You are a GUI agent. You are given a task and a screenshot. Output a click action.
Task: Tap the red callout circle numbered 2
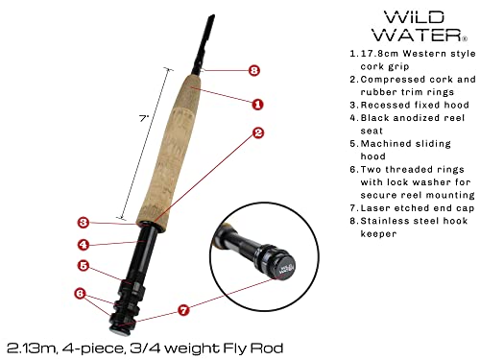257,133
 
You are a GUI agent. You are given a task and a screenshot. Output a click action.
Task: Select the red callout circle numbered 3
84,223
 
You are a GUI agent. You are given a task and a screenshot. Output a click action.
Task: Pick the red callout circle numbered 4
84,243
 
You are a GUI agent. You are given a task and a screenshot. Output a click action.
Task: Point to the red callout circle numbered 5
84,266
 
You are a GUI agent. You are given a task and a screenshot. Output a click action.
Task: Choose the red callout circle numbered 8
253,70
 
